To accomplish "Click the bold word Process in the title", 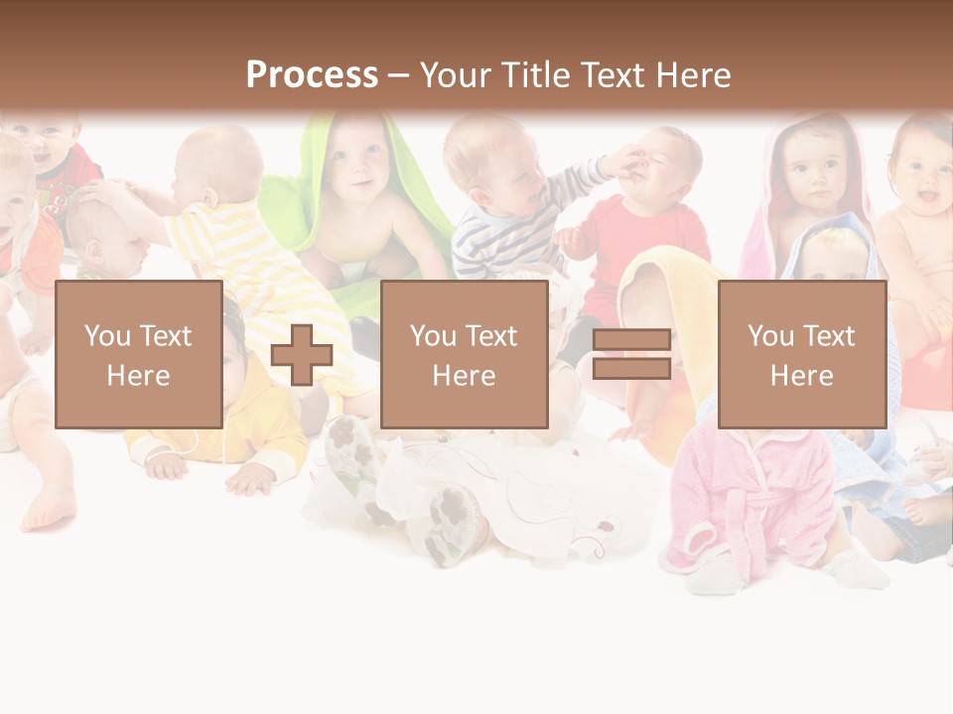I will [x=312, y=75].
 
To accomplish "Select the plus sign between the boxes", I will [x=302, y=355].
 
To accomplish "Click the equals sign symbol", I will [x=631, y=355].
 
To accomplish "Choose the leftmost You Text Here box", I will [x=138, y=354].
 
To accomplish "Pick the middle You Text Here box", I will [x=464, y=354].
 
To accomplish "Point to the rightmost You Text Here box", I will [x=801, y=354].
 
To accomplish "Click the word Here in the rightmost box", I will [x=801, y=376].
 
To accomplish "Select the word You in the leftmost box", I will [x=105, y=335].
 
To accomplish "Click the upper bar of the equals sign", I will [x=631, y=340].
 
